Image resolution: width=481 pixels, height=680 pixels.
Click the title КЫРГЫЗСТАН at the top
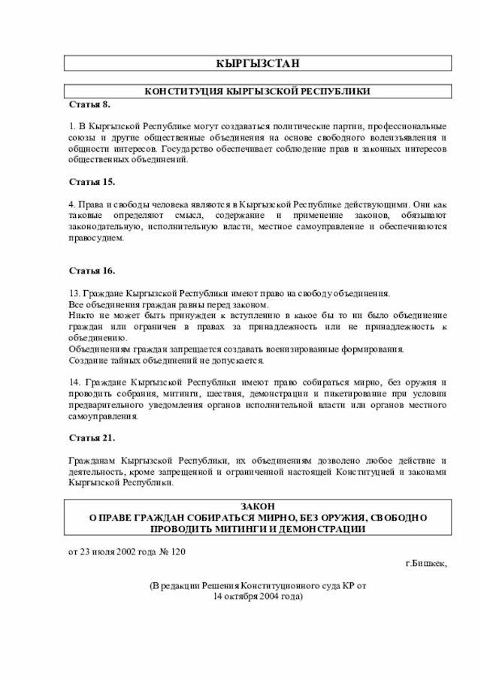click(256, 63)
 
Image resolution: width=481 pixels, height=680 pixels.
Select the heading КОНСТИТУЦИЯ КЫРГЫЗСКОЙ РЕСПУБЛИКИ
click(257, 91)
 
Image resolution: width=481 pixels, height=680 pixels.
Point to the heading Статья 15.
click(92, 182)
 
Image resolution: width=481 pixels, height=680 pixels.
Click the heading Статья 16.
click(92, 270)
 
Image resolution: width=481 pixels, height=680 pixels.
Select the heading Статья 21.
click(92, 437)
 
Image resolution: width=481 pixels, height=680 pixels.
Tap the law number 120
click(177, 552)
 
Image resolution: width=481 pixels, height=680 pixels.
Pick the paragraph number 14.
click(74, 382)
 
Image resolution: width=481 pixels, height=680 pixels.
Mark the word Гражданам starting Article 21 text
click(92, 460)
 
